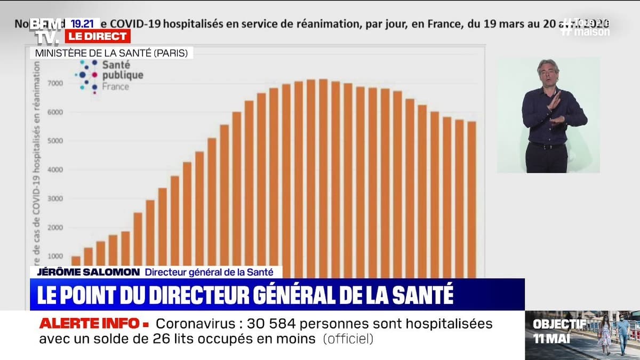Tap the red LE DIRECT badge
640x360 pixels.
(x=98, y=36)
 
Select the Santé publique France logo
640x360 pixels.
(x=109, y=75)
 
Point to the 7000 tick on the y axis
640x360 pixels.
(x=55, y=83)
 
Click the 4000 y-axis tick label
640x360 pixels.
(x=55, y=170)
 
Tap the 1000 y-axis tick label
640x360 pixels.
(x=55, y=257)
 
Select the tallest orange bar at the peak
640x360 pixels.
(x=323, y=176)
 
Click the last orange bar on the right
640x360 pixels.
(x=471, y=197)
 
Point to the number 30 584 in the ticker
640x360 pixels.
(x=267, y=323)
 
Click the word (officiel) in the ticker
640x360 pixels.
(x=348, y=338)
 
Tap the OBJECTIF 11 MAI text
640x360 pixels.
(x=552, y=331)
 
